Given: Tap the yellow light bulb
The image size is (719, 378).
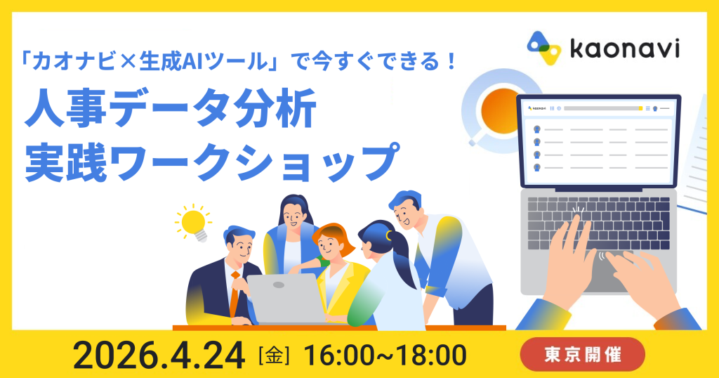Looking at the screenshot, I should coord(192,222).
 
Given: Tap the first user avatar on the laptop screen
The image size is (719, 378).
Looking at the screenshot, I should coord(536,129).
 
